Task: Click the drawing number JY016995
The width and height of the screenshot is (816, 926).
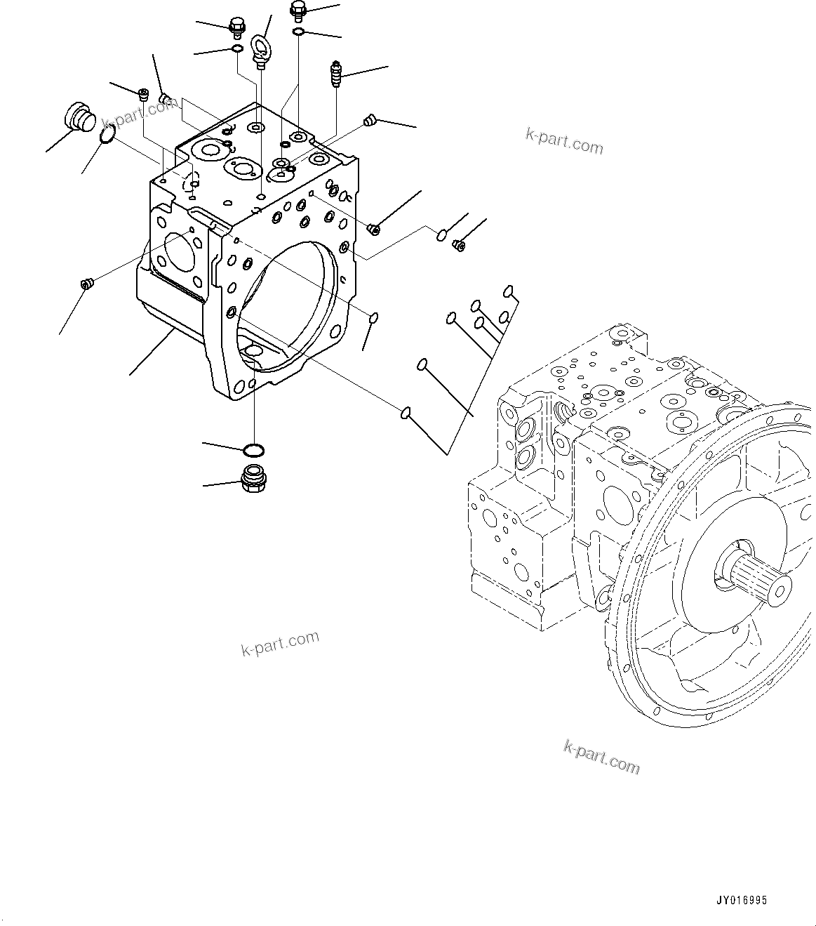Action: (742, 899)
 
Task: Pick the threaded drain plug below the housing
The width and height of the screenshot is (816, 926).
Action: (253, 478)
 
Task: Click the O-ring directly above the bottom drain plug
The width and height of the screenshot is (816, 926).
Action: (253, 449)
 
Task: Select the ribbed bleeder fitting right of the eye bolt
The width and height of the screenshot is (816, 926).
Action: (335, 74)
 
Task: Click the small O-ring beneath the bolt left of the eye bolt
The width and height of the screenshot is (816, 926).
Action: (237, 48)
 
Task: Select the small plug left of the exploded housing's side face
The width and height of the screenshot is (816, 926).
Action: (86, 284)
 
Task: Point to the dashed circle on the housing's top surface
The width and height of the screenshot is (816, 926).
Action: (191, 181)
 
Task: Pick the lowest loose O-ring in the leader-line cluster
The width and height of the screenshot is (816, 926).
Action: (406, 413)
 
